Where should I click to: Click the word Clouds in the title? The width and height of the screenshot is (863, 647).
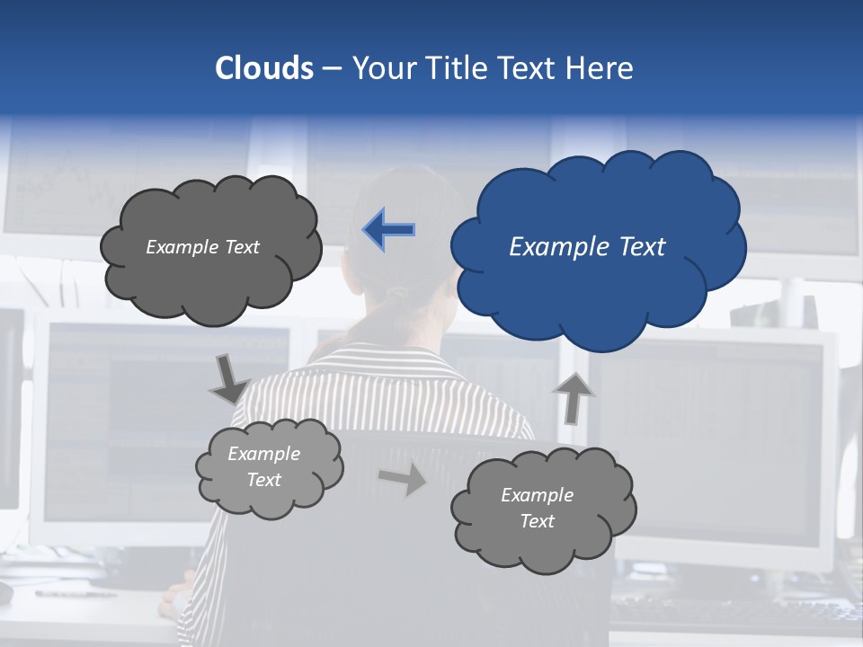(x=264, y=67)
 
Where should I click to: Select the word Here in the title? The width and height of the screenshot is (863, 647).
(x=602, y=67)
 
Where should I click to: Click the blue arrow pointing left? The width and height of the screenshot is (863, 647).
(x=388, y=230)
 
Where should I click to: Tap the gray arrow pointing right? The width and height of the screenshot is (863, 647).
(x=403, y=479)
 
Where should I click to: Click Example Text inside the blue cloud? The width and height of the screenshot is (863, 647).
(x=587, y=247)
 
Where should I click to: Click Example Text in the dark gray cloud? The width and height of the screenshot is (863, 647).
(x=202, y=247)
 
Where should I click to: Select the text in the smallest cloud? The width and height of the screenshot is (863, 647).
(x=264, y=466)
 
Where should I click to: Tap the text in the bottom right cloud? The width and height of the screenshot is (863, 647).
(x=537, y=508)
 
